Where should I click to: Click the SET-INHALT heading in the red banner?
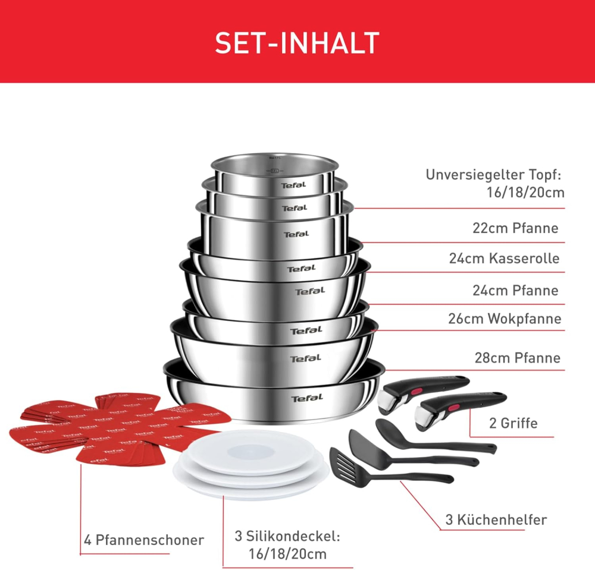[297, 43]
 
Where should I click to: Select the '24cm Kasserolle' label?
[504, 259]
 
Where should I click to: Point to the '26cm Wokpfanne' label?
[505, 319]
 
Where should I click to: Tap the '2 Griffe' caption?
[513, 423]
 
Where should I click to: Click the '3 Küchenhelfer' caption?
[496, 520]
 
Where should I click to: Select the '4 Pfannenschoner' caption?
[143, 540]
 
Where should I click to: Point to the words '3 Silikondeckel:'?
[287, 537]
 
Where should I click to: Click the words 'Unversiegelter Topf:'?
[493, 175]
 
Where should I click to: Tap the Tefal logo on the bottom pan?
[306, 398]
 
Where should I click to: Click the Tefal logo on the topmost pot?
[293, 185]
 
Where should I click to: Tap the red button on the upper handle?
[407, 389]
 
